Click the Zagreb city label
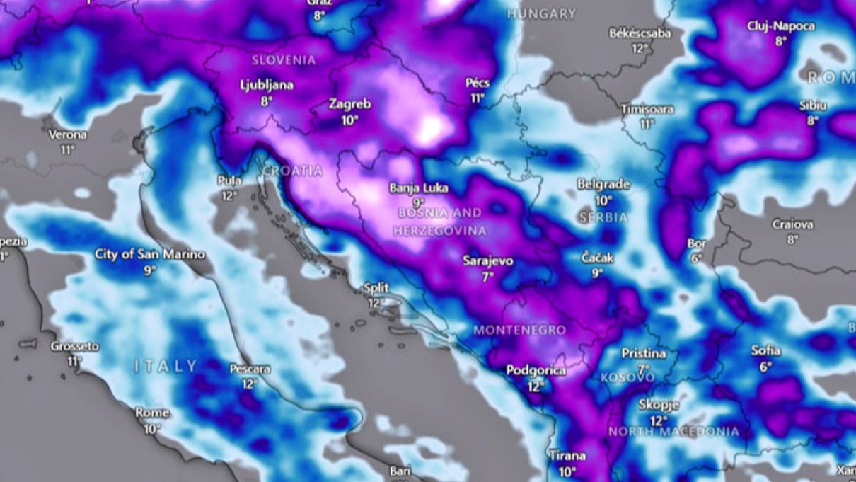349,104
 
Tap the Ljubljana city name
266,85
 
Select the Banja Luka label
418,188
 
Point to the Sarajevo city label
488,261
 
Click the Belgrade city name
603,185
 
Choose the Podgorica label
536,371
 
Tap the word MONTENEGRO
519,331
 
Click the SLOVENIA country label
284,60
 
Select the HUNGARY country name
541,13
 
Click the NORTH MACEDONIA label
673,431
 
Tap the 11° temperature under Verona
67,149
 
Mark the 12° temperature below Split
376,303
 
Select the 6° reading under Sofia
765,367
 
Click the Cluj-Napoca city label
780,26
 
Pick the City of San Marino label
150,255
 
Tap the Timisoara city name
647,110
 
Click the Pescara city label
250,369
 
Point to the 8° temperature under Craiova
792,239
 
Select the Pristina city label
643,353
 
